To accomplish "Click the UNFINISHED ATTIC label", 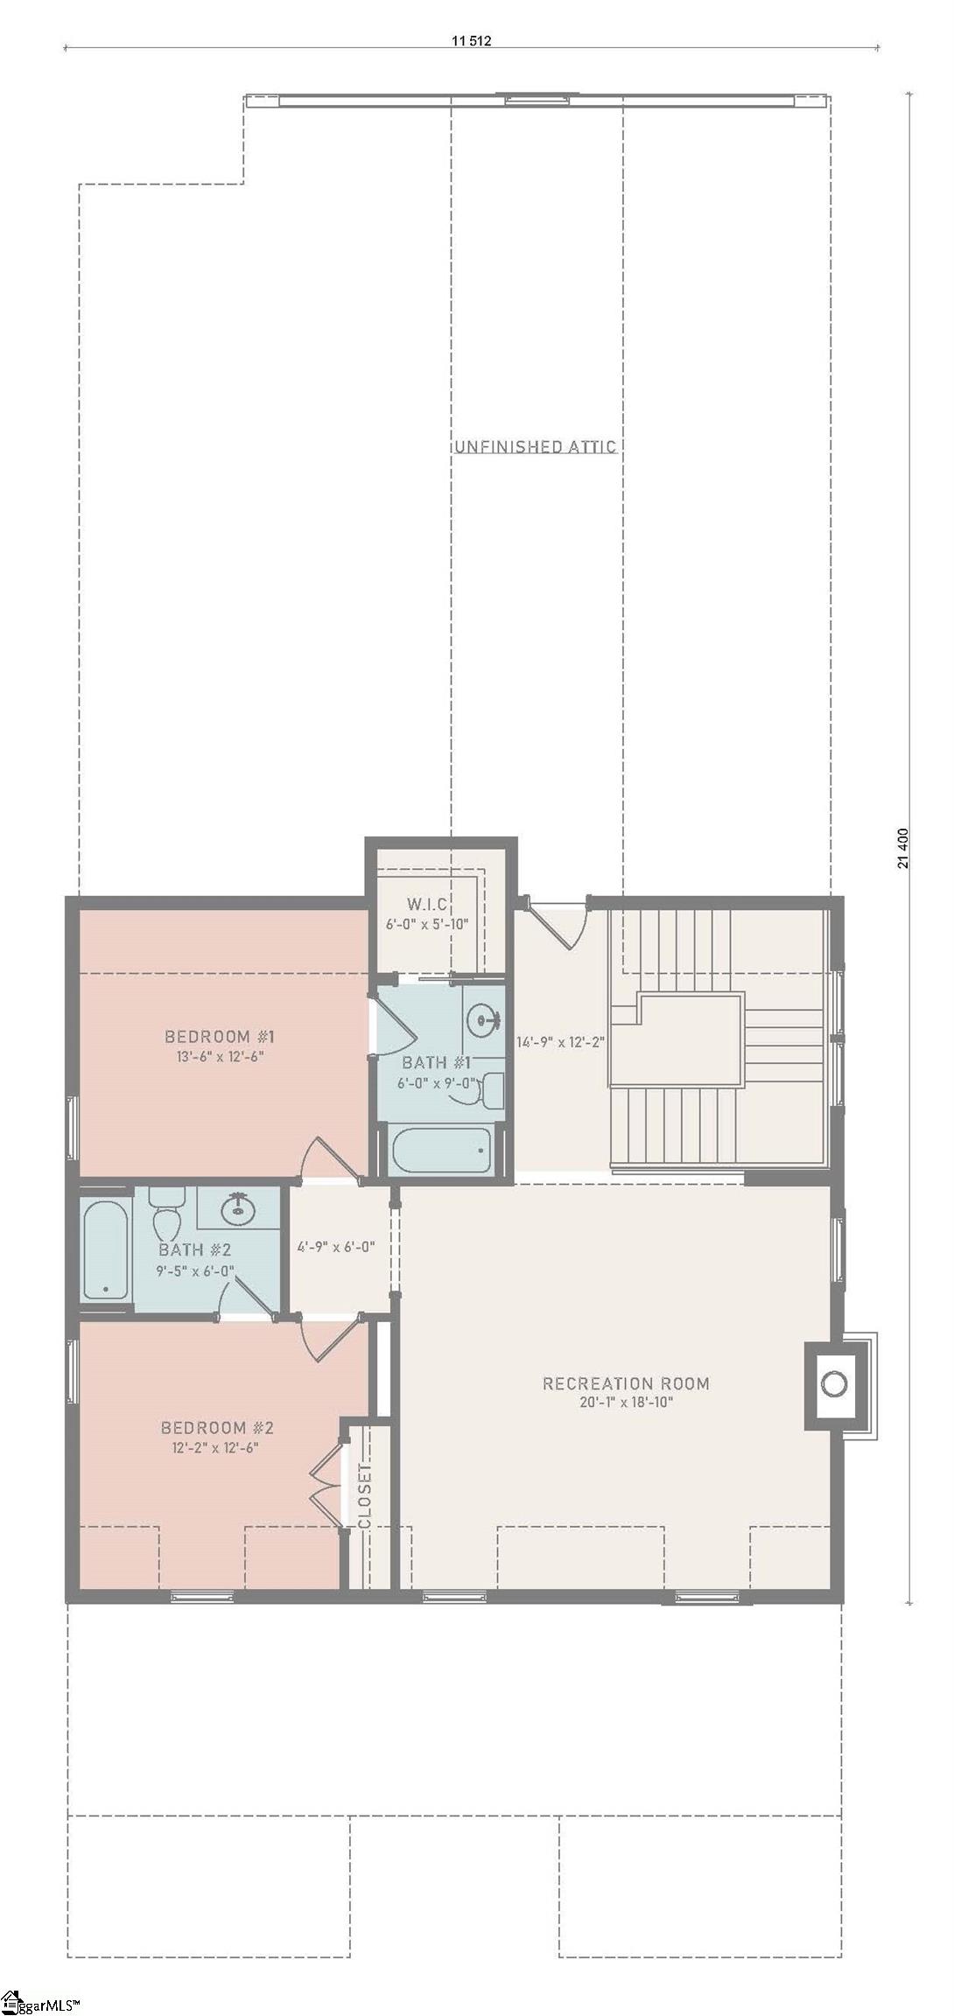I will [x=535, y=447].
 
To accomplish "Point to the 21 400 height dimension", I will [x=902, y=848].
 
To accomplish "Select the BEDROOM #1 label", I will [x=220, y=1037].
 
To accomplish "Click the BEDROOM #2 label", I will [x=217, y=1428].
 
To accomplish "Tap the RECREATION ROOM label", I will [x=626, y=1383].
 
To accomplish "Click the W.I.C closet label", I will [x=427, y=903].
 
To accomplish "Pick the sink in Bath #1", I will [x=483, y=1020].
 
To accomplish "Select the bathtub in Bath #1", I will [x=441, y=1151].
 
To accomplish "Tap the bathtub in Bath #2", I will [x=106, y=1249].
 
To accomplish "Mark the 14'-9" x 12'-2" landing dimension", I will [x=561, y=1042].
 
